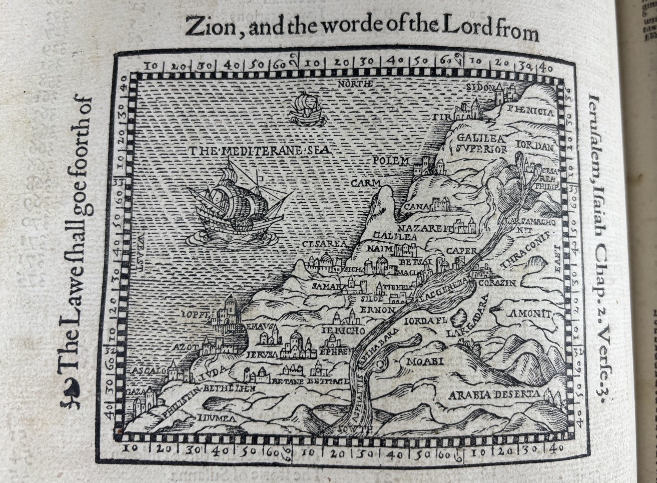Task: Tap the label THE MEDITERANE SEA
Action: click(259, 151)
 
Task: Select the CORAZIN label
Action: click(501, 284)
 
